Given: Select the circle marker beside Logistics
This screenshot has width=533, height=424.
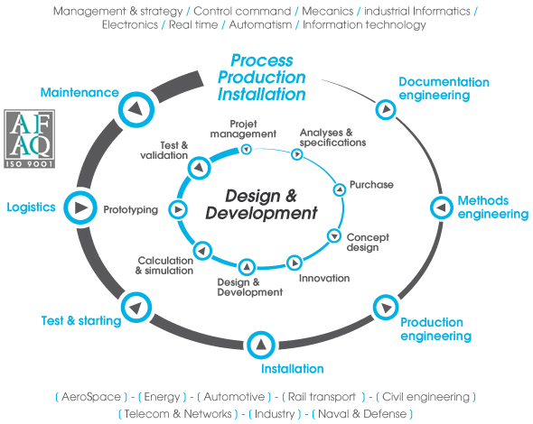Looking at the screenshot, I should point(79,207).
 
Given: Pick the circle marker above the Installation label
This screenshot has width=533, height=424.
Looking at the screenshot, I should point(260,344).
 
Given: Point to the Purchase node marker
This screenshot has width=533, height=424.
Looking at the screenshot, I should point(340,189).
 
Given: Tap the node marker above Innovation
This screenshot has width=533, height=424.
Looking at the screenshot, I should point(294,263).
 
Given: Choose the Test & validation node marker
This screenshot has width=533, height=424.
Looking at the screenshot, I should point(195,168).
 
